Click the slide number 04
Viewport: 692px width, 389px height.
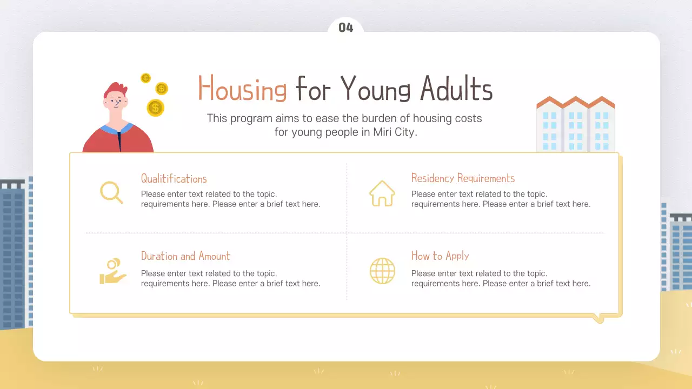click(x=345, y=28)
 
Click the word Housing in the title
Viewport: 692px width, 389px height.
click(x=242, y=89)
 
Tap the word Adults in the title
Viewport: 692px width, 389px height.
click(x=456, y=89)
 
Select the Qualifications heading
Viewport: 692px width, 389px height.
click(x=174, y=179)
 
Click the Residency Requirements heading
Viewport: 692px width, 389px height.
click(x=463, y=178)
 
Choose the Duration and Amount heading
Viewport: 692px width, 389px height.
click(x=185, y=256)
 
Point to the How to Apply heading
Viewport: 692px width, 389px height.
click(x=440, y=256)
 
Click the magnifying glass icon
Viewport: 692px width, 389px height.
click(x=111, y=193)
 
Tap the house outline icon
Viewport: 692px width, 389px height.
click(x=382, y=193)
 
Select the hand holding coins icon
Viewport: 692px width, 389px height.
click(x=112, y=271)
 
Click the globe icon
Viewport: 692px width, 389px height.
click(x=382, y=271)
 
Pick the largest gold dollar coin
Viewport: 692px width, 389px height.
click(x=155, y=108)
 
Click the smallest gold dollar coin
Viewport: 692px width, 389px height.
click(x=145, y=78)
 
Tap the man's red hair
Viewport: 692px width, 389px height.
click(x=115, y=89)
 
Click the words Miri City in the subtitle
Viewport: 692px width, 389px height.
click(x=393, y=132)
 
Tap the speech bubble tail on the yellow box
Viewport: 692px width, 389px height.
click(x=597, y=318)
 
